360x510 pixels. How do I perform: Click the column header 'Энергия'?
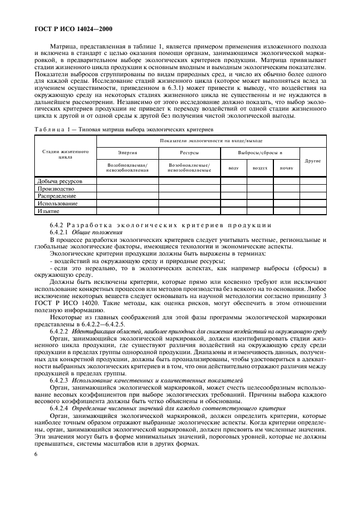click(127, 153)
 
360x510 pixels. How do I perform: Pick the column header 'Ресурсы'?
click(189, 153)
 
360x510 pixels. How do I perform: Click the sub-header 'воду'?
click(233, 168)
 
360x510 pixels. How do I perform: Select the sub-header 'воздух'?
click(259, 168)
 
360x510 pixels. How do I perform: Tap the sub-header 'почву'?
click(286, 168)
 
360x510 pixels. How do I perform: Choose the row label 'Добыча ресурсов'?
click(60, 180)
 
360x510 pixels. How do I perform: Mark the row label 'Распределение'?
click(57, 196)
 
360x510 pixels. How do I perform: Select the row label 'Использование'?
click(57, 203)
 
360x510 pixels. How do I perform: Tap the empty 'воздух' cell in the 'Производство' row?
click(259, 188)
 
